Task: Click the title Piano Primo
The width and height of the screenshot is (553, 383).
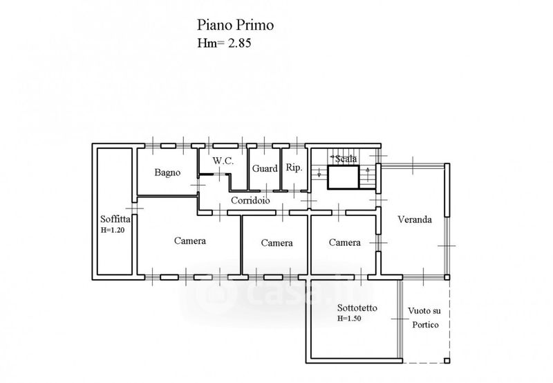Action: (x=236, y=26)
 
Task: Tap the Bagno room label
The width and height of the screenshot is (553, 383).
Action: (x=167, y=172)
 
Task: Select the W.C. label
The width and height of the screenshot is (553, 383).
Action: (x=223, y=161)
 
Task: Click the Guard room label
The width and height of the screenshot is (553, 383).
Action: (x=265, y=168)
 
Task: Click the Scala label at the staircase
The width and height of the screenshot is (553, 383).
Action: (x=346, y=159)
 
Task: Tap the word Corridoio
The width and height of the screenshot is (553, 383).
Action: (x=250, y=201)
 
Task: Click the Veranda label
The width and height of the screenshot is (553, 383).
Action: (x=415, y=220)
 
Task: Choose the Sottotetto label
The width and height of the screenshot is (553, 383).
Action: (x=357, y=308)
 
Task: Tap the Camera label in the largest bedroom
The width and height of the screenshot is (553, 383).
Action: (x=189, y=241)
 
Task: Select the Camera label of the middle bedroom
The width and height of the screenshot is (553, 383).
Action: (x=276, y=243)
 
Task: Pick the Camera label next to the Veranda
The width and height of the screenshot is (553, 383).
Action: (x=344, y=242)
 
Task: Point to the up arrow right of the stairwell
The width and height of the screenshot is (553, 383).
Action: (x=368, y=170)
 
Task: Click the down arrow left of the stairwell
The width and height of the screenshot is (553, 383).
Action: (x=319, y=173)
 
